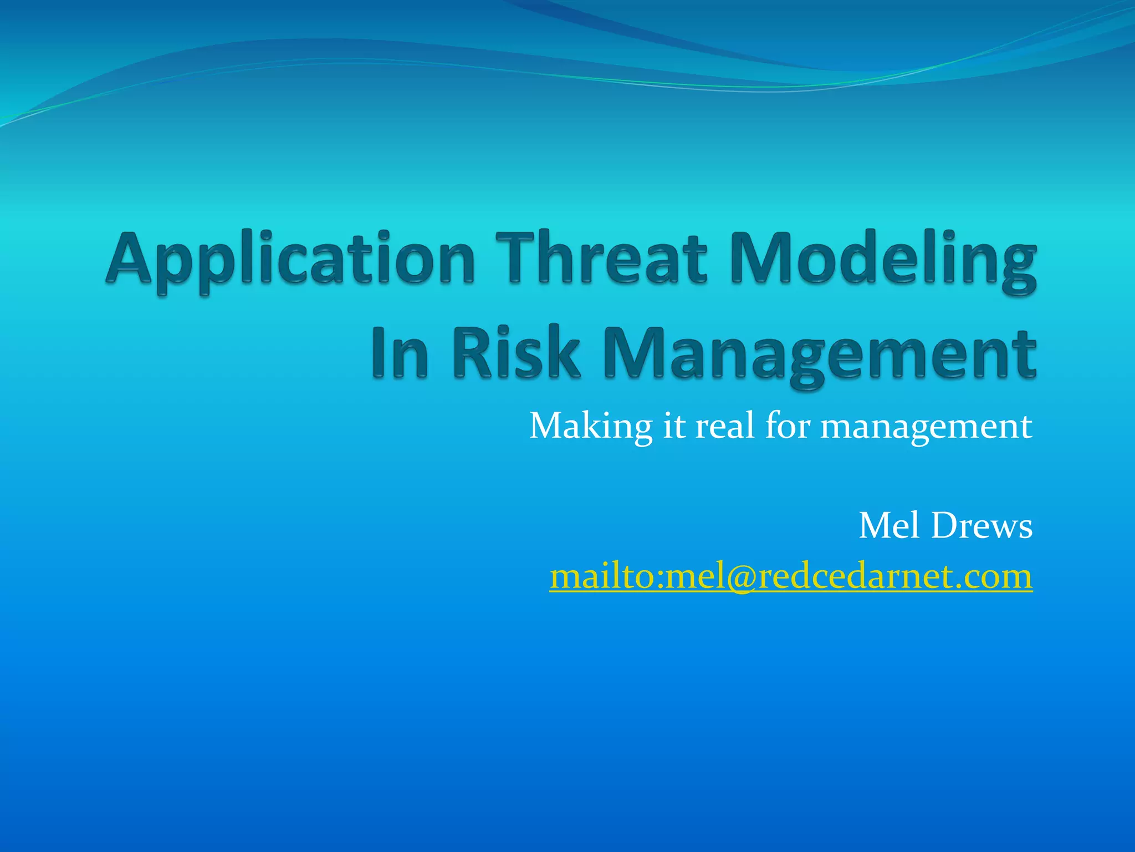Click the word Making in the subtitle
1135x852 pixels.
[x=591, y=427]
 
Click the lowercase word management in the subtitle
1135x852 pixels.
[x=926, y=427]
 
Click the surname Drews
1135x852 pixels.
[x=981, y=525]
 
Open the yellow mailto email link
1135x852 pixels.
[x=791, y=576]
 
